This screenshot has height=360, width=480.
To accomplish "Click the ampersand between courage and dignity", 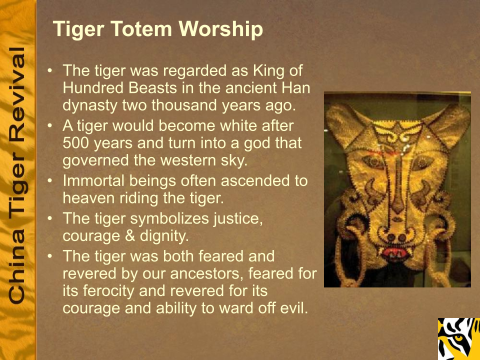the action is coord(130,236).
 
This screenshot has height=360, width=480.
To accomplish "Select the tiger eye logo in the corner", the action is coord(459,339).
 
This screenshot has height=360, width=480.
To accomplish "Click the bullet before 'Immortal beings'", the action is coord(50,180).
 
